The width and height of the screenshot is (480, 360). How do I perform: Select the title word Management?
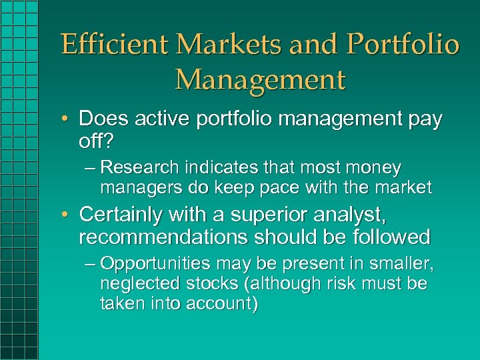[x=261, y=79]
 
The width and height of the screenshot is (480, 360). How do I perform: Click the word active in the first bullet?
[x=157, y=119]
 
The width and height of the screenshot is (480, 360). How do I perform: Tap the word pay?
[x=423, y=119]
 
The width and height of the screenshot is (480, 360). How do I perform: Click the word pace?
[x=279, y=187]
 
